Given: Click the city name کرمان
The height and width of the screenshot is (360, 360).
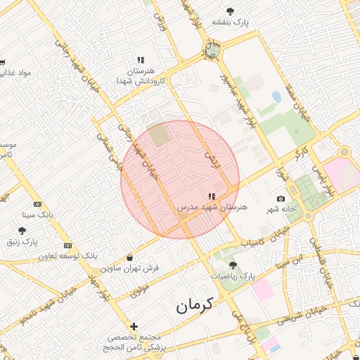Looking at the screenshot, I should [195, 306].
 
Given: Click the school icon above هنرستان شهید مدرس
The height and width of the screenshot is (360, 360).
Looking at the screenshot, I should [212, 197].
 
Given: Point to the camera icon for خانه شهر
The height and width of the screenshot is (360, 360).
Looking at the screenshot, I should [281, 199].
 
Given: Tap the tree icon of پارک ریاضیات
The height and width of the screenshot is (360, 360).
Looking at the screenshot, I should [233, 265].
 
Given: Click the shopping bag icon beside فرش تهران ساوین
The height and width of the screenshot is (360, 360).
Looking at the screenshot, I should [130, 257].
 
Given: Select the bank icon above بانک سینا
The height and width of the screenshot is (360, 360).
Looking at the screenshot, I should [37, 203].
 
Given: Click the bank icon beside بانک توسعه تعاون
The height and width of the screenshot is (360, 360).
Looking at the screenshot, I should [67, 245].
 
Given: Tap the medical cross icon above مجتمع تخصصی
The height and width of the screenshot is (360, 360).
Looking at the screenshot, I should [134, 326].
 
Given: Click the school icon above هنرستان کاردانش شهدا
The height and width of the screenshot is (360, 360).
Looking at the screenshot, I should [141, 60].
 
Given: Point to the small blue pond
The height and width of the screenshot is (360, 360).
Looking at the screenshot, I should [276, 97].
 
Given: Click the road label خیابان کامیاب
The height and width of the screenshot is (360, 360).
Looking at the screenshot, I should [266, 238].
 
